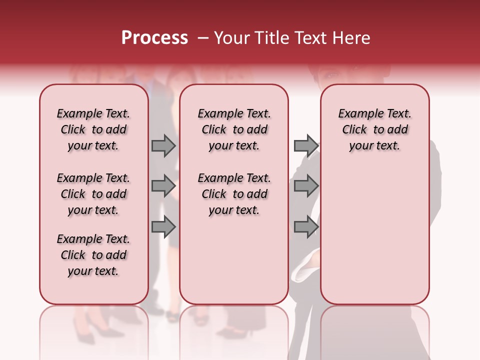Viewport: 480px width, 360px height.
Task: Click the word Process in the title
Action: [154, 38]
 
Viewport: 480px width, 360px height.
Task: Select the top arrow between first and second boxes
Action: [163, 145]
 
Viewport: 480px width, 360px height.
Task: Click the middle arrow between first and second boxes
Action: [163, 186]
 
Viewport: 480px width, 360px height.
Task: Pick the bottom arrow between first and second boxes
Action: [163, 227]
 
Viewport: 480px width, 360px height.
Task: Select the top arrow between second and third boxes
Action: [305, 145]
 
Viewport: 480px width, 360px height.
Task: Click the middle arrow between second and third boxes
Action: [305, 186]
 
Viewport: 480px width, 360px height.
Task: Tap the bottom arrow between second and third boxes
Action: [305, 227]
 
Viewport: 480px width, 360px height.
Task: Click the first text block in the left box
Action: [93, 129]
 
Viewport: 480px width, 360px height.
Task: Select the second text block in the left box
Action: [93, 194]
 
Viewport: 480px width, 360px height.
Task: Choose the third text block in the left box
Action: [93, 255]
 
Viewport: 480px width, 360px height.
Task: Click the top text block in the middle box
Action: [234, 129]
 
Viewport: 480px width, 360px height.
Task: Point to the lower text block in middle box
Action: [234, 194]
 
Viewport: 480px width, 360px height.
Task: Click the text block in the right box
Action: [374, 129]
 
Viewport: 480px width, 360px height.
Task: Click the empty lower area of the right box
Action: [374, 240]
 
